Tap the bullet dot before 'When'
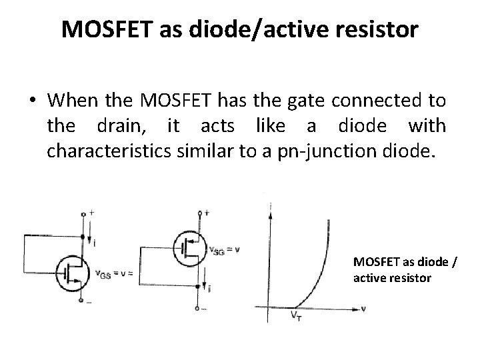32,101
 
